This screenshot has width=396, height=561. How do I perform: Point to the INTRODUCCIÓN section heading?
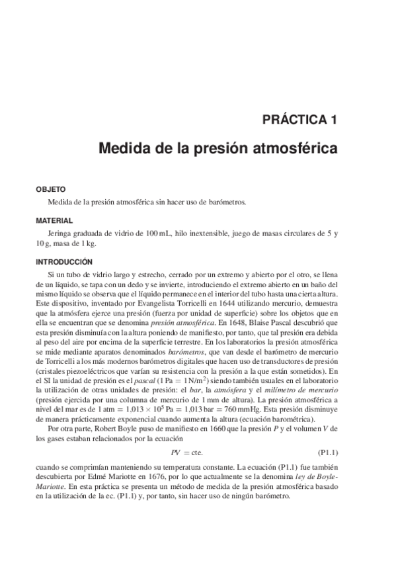64,262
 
